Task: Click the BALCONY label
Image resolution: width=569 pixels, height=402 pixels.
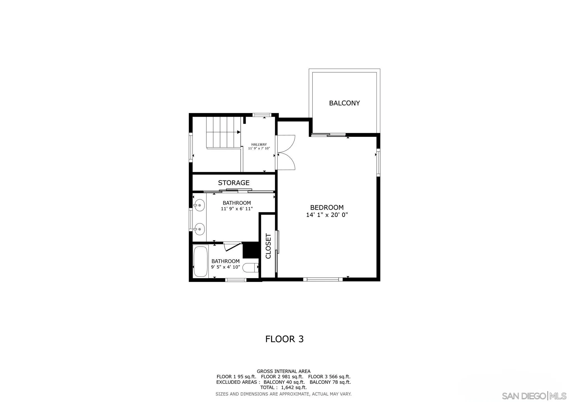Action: tap(344, 103)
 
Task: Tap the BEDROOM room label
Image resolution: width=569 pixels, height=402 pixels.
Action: tap(327, 207)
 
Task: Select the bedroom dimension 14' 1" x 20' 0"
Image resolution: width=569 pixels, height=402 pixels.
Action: tap(327, 215)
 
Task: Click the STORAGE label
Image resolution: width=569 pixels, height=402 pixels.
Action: tap(234, 183)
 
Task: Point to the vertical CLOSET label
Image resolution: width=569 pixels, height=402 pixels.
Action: tap(268, 246)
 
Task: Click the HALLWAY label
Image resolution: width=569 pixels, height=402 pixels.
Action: tap(259, 144)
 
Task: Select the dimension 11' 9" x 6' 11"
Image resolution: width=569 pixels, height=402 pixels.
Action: tap(237, 209)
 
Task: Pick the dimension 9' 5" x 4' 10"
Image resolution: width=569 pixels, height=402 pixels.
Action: tap(225, 267)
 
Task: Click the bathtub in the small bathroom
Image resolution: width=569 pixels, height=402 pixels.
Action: tap(201, 261)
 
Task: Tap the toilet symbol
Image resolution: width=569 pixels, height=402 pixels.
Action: tap(250, 268)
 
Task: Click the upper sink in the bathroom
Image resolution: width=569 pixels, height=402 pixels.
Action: tap(199, 205)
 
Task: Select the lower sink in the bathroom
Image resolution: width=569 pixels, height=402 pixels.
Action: tap(199, 229)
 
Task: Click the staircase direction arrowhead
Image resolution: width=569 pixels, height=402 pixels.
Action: tap(239, 132)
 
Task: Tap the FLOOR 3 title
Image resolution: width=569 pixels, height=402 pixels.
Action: tap(284, 339)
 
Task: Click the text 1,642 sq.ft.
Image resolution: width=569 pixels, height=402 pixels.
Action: tap(294, 387)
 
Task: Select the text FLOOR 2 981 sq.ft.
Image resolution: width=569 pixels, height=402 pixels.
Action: tap(282, 377)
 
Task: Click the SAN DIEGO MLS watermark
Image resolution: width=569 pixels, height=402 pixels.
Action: tap(534, 396)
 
